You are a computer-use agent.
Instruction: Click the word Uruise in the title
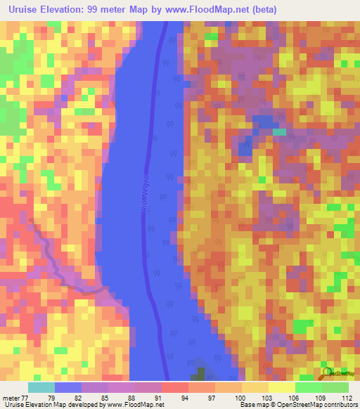23,10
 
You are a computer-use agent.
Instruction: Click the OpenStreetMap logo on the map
328,374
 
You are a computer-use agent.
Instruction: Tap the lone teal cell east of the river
280,131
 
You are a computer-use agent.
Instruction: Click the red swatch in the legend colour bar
174,387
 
